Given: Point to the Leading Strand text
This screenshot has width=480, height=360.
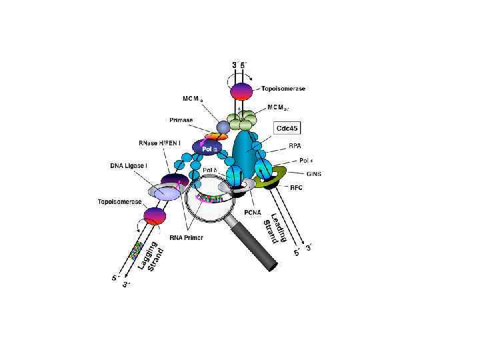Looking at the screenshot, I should pos(273,231).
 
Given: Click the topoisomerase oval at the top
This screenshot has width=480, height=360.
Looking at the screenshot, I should pos(241,90).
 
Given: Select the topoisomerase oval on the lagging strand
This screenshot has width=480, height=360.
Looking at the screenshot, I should pos(154,215).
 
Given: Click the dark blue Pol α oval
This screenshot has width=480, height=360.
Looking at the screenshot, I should pos(205,147).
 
